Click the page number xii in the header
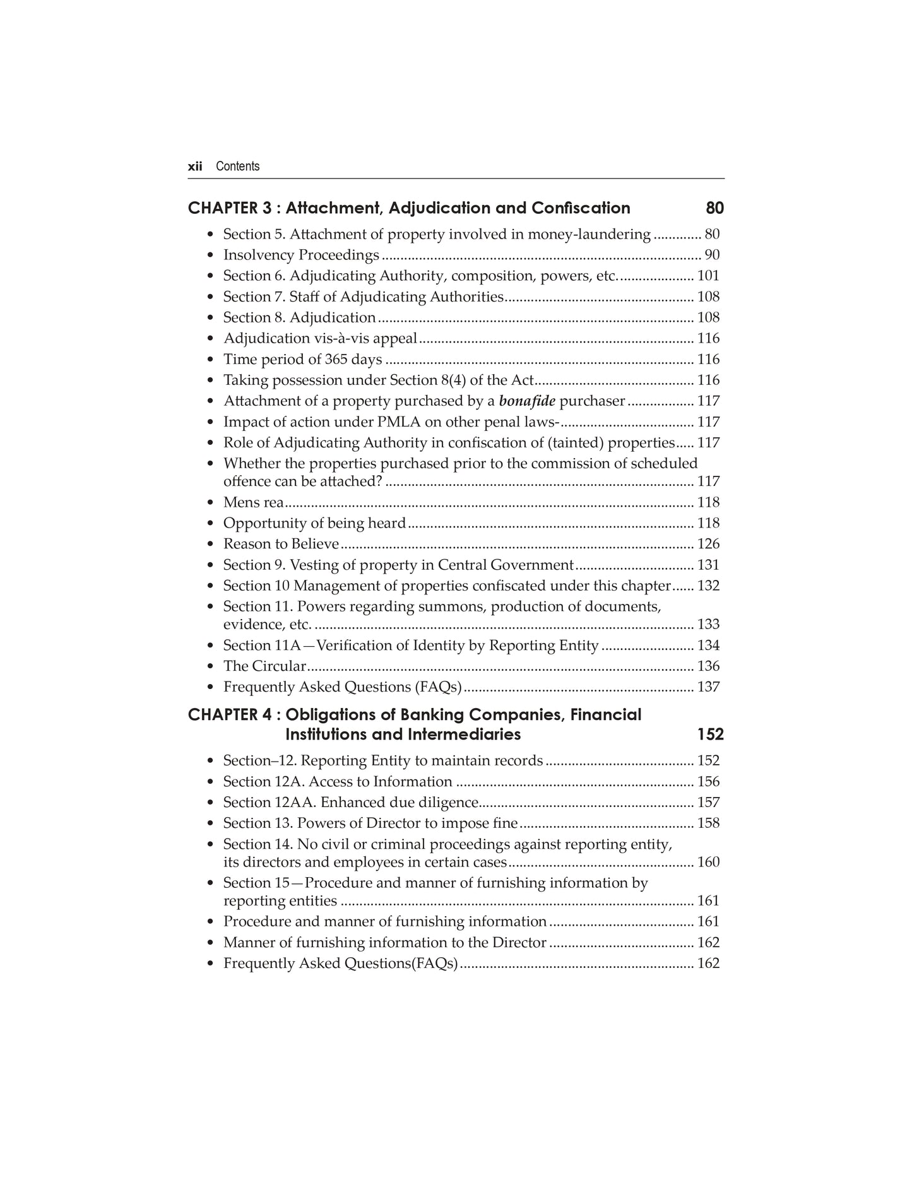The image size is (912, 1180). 194,167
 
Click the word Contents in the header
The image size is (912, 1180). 237,167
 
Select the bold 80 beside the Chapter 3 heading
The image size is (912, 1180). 714,208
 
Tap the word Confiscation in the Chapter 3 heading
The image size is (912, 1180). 581,208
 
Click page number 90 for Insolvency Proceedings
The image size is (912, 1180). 712,255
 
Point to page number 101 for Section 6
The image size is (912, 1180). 708,276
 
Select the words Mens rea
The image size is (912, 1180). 253,502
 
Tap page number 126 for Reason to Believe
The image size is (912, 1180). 708,544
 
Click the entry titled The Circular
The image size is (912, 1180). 264,666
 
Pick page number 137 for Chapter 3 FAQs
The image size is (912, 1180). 708,687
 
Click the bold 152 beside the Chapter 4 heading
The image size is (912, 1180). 710,735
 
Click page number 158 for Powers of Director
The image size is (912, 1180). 708,823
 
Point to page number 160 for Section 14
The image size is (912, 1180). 708,863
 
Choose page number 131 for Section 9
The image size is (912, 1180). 708,565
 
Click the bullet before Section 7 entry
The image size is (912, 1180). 210,297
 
